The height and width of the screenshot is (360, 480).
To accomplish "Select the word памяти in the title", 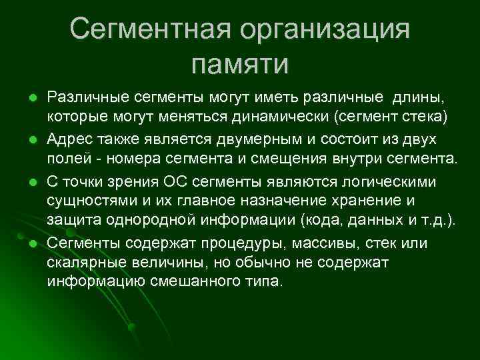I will (x=239, y=64).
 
